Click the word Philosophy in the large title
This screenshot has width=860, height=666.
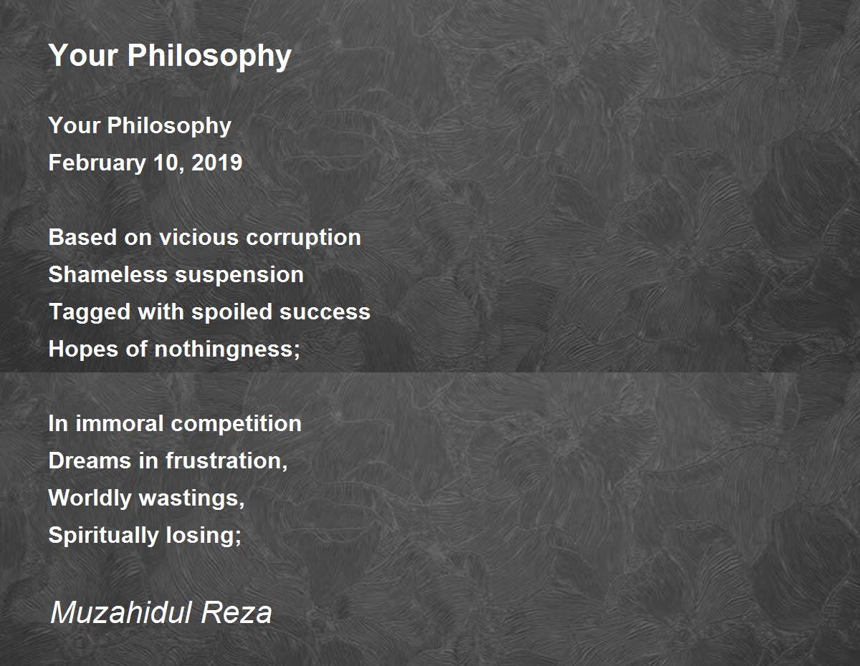pos(209,56)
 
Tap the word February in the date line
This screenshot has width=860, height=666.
pos(97,163)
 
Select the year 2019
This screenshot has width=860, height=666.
pos(217,163)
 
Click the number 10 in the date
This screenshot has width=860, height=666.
pos(168,163)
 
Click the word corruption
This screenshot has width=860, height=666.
pos(303,238)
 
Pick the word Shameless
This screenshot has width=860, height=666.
pos(108,274)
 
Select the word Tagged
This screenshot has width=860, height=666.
pos(90,312)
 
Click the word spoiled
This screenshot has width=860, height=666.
pos(231,312)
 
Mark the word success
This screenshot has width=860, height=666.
pos(325,312)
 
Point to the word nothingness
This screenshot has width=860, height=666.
pos(227,349)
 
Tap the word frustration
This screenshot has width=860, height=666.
pos(226,460)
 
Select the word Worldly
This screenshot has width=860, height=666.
pos(90,498)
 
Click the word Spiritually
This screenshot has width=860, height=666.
pos(103,536)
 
